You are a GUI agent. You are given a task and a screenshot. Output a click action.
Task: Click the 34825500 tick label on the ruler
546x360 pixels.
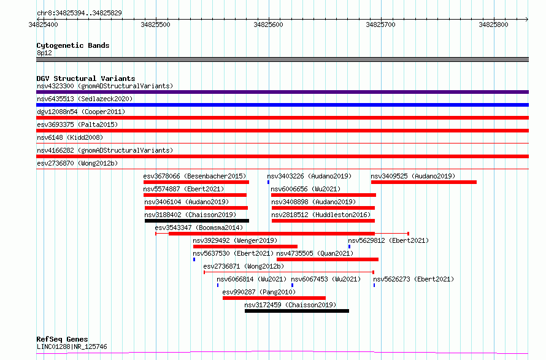coord(156,25)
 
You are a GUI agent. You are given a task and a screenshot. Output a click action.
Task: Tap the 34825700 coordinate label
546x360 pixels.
coord(380,25)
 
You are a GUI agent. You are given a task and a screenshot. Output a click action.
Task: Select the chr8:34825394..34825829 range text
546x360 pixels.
coord(79,13)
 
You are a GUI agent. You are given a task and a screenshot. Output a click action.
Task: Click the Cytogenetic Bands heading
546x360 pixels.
coord(73,45)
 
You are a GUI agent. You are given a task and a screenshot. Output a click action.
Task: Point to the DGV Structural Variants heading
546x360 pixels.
coord(86,79)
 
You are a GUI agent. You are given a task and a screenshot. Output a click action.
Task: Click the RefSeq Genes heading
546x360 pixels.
coord(62,339)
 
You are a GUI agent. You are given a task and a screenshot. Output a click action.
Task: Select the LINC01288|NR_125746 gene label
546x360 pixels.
coord(72,347)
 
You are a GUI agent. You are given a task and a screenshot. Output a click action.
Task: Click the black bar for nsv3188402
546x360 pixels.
coord(197,221)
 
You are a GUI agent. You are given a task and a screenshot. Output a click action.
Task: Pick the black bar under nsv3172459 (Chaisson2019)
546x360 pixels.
coord(297,311)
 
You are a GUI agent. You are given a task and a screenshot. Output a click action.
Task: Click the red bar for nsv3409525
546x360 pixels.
coord(424,182)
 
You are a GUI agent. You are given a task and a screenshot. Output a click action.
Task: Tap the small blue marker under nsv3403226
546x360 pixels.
coord(268,182)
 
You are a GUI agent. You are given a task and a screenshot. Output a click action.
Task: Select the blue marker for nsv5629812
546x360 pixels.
coord(349,247)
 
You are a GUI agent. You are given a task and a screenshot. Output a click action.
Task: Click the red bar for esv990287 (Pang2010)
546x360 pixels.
coord(274,298)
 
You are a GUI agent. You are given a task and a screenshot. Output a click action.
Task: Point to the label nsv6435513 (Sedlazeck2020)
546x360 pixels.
coord(85,99)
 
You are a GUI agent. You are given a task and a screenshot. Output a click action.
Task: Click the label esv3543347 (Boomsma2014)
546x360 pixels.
coord(199,228)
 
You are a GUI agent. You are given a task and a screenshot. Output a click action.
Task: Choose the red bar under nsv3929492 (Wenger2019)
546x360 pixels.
coord(245,247)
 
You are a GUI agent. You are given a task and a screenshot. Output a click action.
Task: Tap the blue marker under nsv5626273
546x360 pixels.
coord(374,285)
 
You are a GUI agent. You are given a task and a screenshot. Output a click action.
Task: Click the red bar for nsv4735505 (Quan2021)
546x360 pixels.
coord(328,259)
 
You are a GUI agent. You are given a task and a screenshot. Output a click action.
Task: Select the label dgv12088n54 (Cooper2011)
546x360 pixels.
coord(81,112)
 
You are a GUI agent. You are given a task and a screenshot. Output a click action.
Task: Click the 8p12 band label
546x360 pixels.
coord(44,53)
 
